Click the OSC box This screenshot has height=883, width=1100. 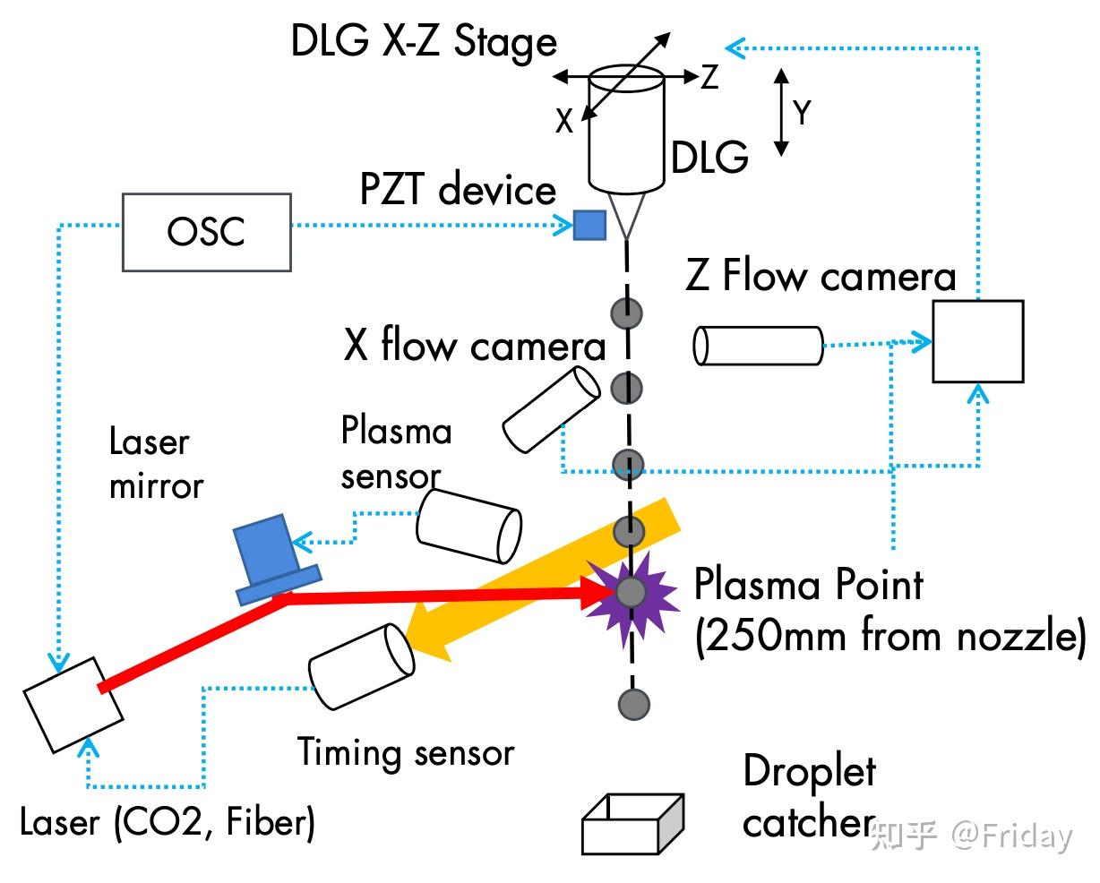tap(207, 233)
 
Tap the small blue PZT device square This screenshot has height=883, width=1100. tap(589, 226)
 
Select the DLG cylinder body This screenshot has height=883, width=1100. tap(626, 129)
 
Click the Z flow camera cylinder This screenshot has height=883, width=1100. tap(758, 346)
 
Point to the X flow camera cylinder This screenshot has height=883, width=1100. tap(551, 410)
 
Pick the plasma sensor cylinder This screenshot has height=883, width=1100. tap(468, 527)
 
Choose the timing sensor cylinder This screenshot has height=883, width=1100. tap(361, 667)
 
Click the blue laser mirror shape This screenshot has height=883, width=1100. tap(276, 561)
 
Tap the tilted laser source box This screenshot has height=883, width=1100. tap(73, 705)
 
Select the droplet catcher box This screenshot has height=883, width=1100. tap(632, 824)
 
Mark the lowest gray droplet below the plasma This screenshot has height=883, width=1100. tap(634, 705)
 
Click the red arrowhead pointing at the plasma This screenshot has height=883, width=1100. tap(598, 593)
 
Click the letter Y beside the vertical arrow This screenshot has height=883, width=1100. tap(802, 112)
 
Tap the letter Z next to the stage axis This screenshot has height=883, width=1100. tap(709, 77)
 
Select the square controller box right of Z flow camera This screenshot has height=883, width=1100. tap(978, 341)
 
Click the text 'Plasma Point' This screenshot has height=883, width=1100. tap(808, 585)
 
